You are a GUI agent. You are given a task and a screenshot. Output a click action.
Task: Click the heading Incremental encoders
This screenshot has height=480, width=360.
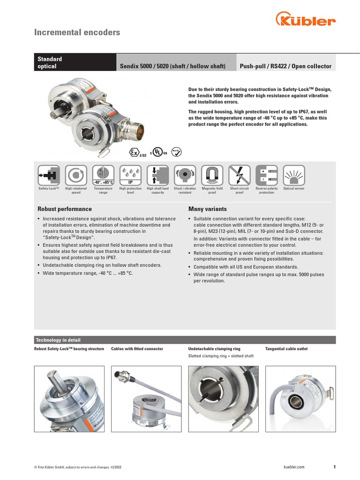click(77, 32)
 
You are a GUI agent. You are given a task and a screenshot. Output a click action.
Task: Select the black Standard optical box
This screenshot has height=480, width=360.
click(75, 62)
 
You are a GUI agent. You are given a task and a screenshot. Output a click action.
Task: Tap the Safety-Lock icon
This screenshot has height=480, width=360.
click(49, 175)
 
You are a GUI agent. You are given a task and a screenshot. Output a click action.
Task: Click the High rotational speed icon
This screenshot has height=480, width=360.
click(76, 175)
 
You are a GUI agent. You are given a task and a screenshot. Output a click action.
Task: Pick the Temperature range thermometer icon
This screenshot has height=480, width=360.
click(103, 175)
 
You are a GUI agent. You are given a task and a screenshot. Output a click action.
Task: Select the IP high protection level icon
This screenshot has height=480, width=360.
click(131, 175)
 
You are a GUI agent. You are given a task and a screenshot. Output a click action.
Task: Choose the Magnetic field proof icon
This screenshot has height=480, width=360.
click(212, 175)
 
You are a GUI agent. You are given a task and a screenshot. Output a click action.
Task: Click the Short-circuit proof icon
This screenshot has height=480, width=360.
click(239, 175)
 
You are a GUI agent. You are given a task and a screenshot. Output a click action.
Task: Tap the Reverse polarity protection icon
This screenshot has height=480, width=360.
click(267, 175)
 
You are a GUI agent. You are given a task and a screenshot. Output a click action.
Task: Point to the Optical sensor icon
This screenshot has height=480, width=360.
click(294, 175)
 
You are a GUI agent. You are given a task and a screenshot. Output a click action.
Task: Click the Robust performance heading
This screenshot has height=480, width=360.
click(64, 209)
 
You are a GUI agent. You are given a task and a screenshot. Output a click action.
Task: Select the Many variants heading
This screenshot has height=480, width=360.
click(207, 209)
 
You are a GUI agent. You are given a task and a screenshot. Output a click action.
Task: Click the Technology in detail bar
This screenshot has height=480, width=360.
click(185, 340)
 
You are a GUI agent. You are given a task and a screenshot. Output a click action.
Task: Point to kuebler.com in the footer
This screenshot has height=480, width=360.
click(294, 467)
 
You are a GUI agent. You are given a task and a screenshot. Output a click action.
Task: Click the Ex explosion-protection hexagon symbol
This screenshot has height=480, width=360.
click(135, 152)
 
